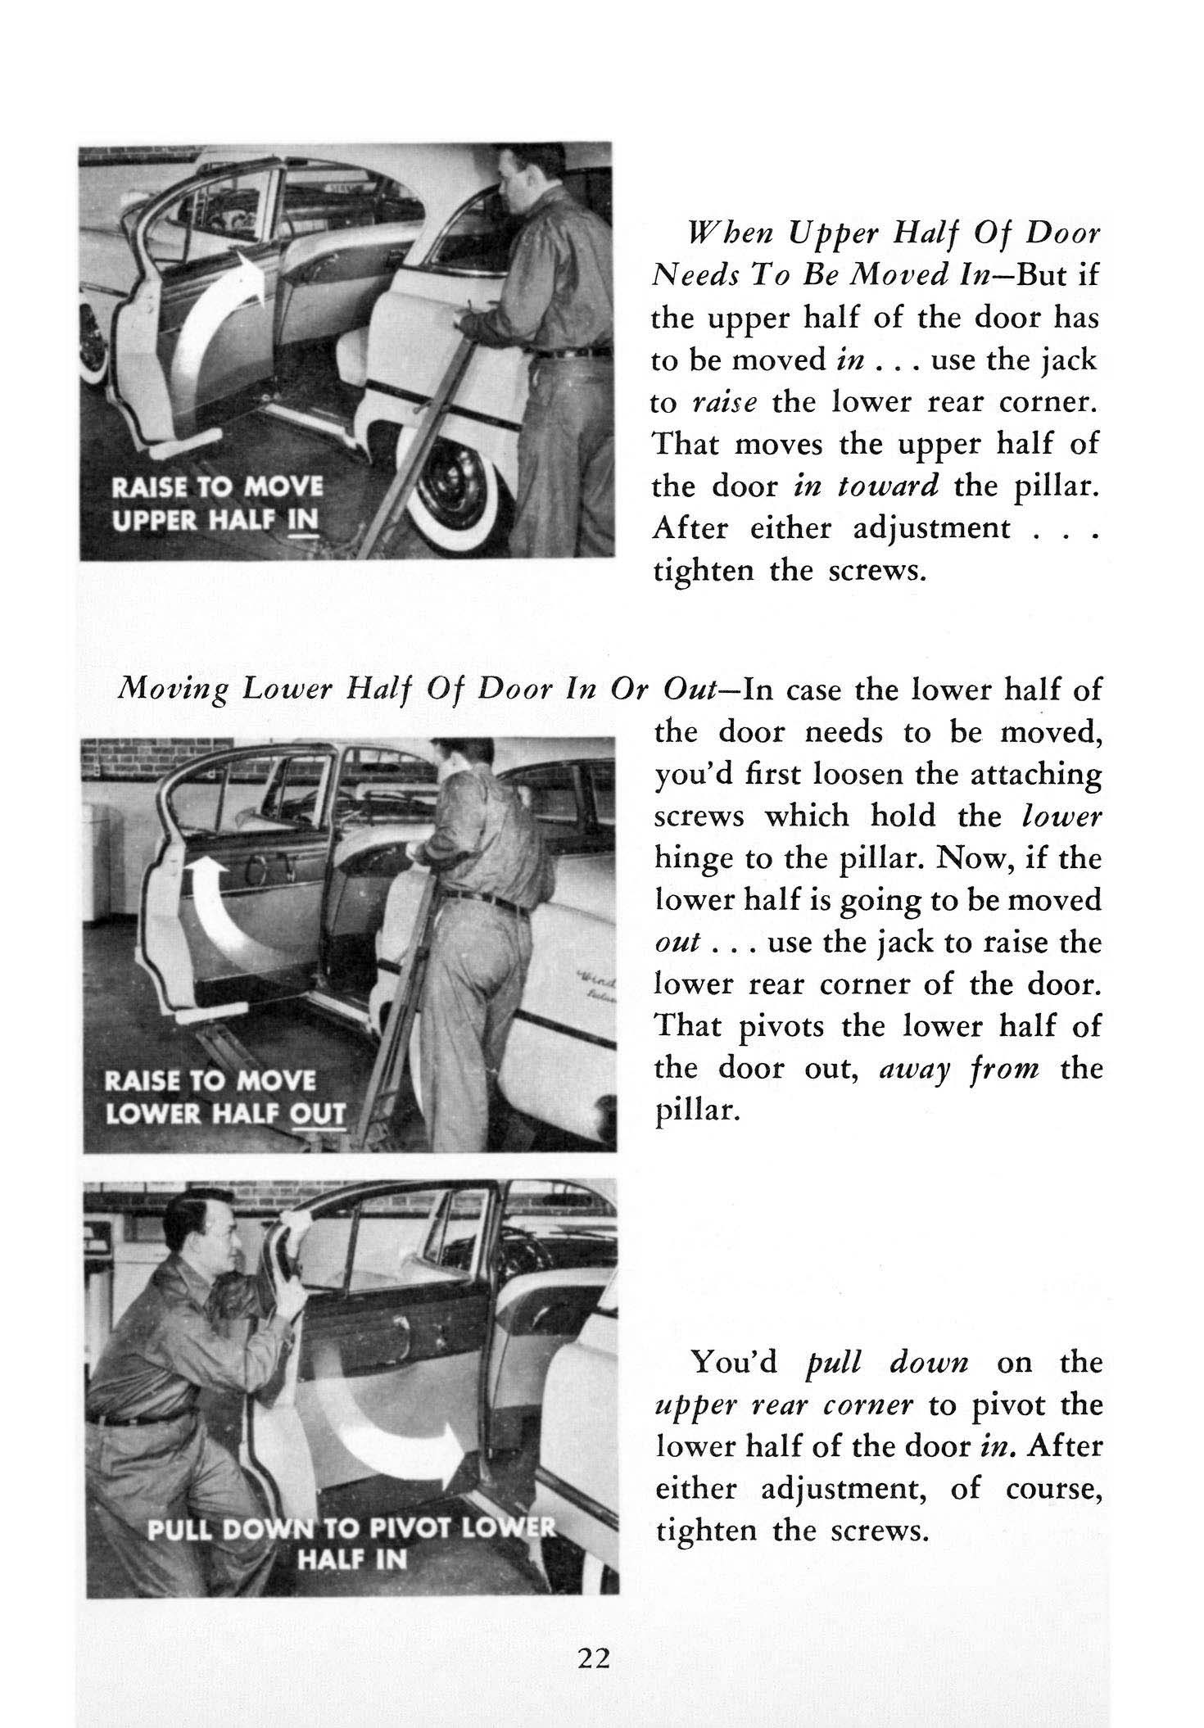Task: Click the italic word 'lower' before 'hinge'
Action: click(x=1062, y=817)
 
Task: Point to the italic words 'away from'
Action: click(x=942, y=1069)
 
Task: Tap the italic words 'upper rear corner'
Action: click(x=785, y=1405)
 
